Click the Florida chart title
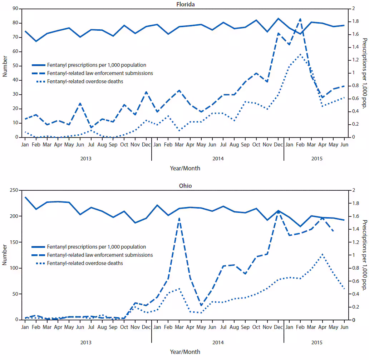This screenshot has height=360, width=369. [184, 4]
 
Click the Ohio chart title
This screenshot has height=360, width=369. [184, 186]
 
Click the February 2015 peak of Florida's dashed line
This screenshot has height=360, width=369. [300, 19]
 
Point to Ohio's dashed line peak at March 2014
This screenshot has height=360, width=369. [179, 218]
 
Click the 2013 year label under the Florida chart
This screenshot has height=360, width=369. [86, 158]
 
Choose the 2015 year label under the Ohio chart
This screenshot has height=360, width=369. [317, 342]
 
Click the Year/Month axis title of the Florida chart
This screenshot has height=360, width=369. [184, 168]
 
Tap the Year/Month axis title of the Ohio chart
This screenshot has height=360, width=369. [184, 352]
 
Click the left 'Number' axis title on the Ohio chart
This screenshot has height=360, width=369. [5, 255]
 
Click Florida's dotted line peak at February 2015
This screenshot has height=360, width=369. [300, 54]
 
